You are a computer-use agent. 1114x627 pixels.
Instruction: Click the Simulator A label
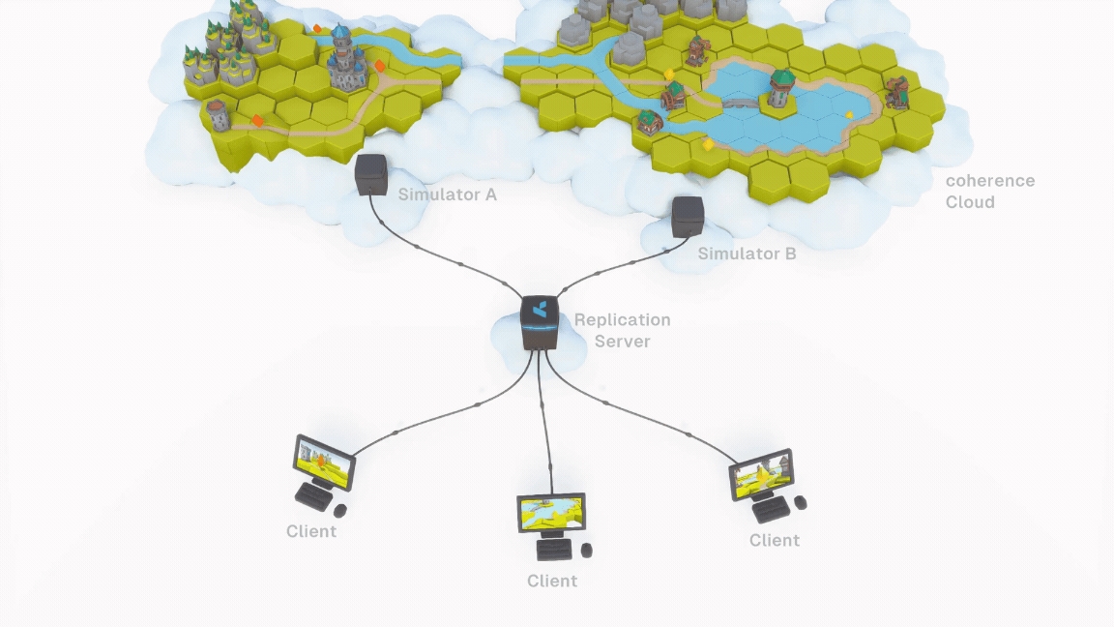point(447,194)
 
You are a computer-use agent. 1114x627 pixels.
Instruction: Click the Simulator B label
point(747,254)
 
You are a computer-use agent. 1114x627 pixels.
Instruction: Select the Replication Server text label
point(622,330)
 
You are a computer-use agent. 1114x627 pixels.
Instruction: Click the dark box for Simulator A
point(370,173)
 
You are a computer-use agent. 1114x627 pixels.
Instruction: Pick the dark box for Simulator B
point(687,216)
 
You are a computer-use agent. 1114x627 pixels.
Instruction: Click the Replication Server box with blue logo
point(540,322)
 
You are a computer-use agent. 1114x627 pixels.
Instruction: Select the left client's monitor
point(324,461)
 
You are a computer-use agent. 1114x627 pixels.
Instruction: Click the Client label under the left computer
point(311,531)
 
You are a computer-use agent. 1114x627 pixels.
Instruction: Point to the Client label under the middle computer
point(552,581)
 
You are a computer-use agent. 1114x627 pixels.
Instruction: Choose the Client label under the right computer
point(775,540)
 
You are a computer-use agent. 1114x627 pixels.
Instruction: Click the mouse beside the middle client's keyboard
point(586,550)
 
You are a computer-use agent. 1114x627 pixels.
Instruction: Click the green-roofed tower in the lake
point(780,89)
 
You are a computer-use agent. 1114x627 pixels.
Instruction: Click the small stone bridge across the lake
point(740,102)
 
